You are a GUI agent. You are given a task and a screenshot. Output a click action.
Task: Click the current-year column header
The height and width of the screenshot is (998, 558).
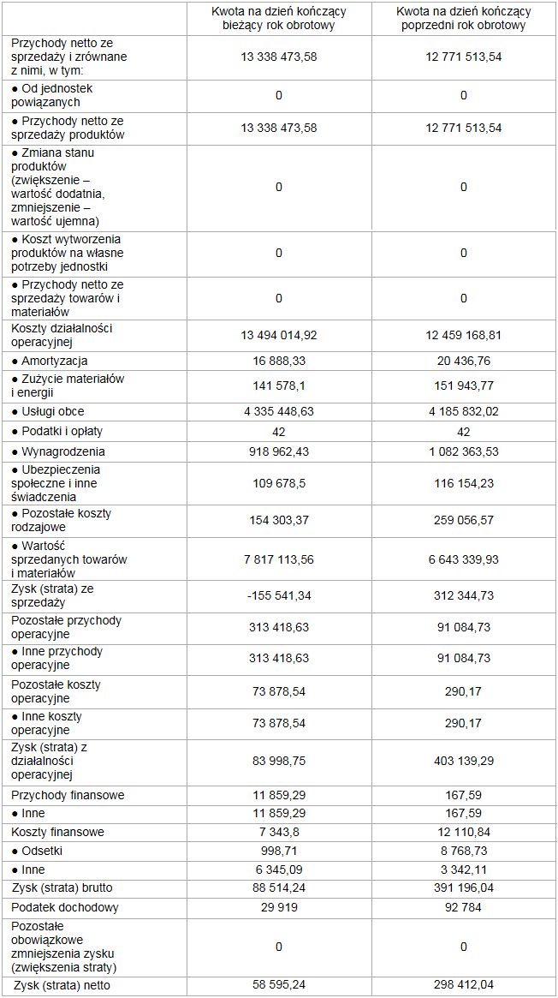279,18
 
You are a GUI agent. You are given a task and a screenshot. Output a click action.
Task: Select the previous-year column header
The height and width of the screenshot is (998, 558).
463,18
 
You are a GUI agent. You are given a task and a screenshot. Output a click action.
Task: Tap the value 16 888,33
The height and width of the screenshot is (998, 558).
279,362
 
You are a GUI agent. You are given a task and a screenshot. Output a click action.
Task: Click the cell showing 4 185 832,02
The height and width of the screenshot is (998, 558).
463,412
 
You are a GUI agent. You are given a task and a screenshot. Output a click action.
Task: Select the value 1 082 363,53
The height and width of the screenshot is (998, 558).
463,451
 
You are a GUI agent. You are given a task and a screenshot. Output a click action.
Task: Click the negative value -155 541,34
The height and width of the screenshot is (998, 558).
279,595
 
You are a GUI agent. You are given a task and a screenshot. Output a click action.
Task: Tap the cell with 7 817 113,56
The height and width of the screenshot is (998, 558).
279,559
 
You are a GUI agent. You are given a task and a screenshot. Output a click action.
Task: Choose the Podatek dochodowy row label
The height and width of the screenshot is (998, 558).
65,907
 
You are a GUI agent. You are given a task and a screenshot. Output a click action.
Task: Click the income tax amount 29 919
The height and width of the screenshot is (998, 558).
279,907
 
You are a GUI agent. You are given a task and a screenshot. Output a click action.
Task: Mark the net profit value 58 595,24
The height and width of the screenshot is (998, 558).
279,986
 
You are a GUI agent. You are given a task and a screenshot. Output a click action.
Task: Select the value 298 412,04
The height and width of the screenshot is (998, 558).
463,986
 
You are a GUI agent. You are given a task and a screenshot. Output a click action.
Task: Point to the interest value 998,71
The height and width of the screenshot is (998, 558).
279,852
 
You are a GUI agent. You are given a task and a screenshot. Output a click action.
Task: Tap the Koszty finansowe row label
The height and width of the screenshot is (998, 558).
58,832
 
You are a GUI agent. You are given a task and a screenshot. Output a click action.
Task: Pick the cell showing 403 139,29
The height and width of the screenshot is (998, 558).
463,762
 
